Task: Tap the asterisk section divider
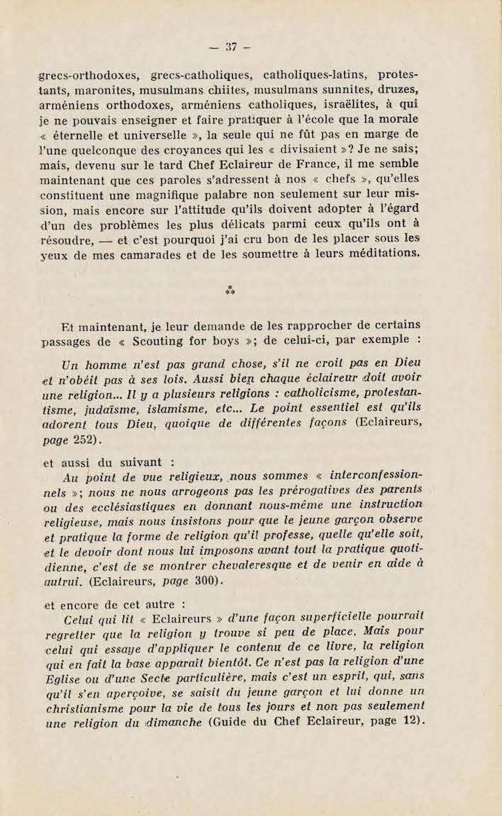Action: click(229, 288)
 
